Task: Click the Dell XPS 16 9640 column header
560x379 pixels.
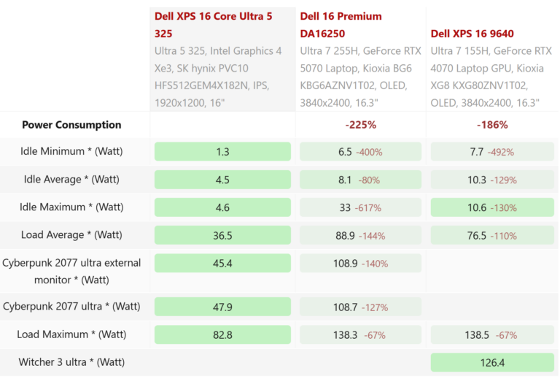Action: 477,33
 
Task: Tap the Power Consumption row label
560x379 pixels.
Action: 71,125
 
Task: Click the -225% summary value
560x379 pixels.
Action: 360,125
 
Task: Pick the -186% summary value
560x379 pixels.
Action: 492,125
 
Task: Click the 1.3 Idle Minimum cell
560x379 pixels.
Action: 222,152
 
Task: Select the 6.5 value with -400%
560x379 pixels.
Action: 360,152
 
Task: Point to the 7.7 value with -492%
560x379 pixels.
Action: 492,152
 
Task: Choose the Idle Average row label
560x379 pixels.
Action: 71,180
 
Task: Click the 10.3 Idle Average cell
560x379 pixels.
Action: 492,180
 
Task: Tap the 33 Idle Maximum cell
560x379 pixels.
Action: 360,207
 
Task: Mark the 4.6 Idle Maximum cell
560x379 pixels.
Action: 222,207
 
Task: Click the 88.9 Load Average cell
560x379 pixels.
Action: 360,235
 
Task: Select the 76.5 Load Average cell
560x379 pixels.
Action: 492,235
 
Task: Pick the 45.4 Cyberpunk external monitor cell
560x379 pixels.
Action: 222,263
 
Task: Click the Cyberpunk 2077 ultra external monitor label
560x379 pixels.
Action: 71,270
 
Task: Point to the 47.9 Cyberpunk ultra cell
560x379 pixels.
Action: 222,307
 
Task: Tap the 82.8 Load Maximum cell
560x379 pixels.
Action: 222,334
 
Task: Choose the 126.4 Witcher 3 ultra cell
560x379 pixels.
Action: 492,362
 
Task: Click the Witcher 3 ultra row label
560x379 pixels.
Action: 71,362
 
